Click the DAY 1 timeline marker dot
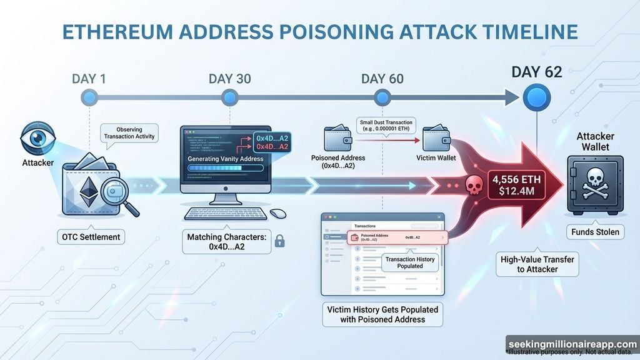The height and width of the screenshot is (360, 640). click(89, 97)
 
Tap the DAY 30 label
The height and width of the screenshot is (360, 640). click(229, 79)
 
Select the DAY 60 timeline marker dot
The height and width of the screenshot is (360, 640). click(382, 97)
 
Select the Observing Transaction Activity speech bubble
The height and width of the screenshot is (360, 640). click(129, 132)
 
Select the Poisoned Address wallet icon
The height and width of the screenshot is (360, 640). click(337, 139)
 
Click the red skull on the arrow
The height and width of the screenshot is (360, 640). click(471, 185)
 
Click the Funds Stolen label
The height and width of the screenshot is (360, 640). click(594, 232)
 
